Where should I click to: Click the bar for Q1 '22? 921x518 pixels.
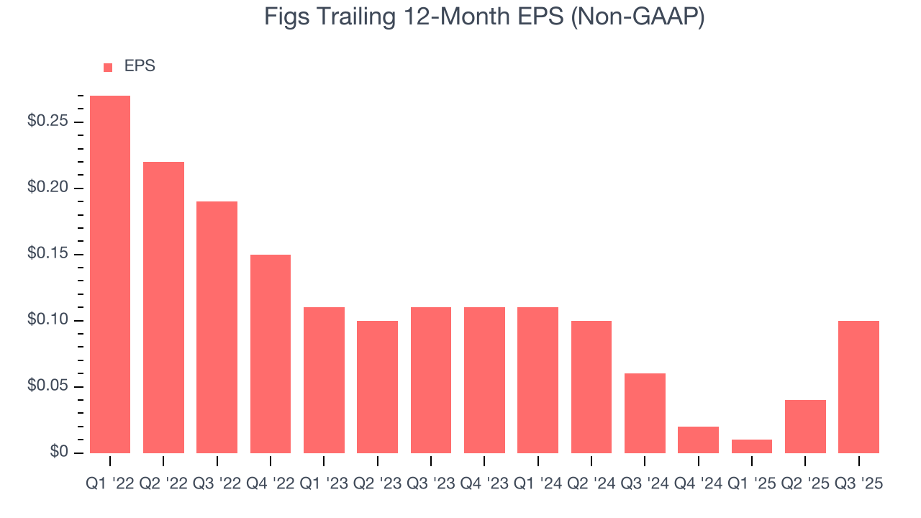[110, 274]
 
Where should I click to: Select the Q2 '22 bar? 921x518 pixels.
[163, 307]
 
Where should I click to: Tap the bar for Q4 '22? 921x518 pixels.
[271, 353]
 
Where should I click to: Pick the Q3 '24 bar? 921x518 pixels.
[645, 413]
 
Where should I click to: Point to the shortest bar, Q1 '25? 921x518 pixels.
[752, 446]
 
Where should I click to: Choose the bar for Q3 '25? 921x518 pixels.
[859, 386]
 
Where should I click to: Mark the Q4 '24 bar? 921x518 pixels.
[698, 440]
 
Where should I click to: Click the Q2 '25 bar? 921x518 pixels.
[805, 426]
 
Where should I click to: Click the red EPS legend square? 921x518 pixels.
[108, 67]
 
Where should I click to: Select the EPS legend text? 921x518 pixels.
[140, 66]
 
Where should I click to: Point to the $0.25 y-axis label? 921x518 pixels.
[47, 121]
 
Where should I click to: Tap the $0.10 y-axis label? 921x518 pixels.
[47, 320]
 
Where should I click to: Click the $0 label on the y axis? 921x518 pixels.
[58, 453]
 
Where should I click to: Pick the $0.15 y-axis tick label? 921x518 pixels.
[47, 254]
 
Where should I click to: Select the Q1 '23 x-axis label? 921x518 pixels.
[324, 483]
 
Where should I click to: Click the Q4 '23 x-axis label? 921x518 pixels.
[484, 483]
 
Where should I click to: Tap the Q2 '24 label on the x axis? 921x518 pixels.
[591, 483]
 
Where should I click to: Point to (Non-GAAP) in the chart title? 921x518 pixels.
[637, 17]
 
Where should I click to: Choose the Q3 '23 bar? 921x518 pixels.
[431, 380]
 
